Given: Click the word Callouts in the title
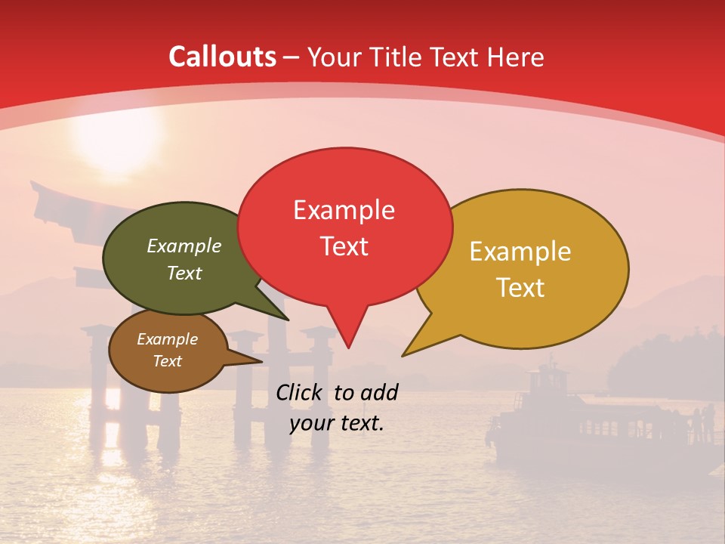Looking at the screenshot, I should (222, 57).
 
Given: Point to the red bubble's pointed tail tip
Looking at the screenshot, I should (348, 347).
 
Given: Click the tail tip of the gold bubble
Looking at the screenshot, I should (403, 354).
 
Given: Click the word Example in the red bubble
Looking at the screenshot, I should (344, 209).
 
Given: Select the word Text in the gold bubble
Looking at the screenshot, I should (520, 287).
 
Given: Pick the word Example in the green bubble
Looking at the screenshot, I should (184, 246).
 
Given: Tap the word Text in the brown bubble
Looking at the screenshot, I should (168, 361).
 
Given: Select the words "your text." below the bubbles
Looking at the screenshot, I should (336, 423).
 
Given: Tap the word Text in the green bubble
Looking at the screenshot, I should (184, 273).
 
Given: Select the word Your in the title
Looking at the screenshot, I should (336, 57).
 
